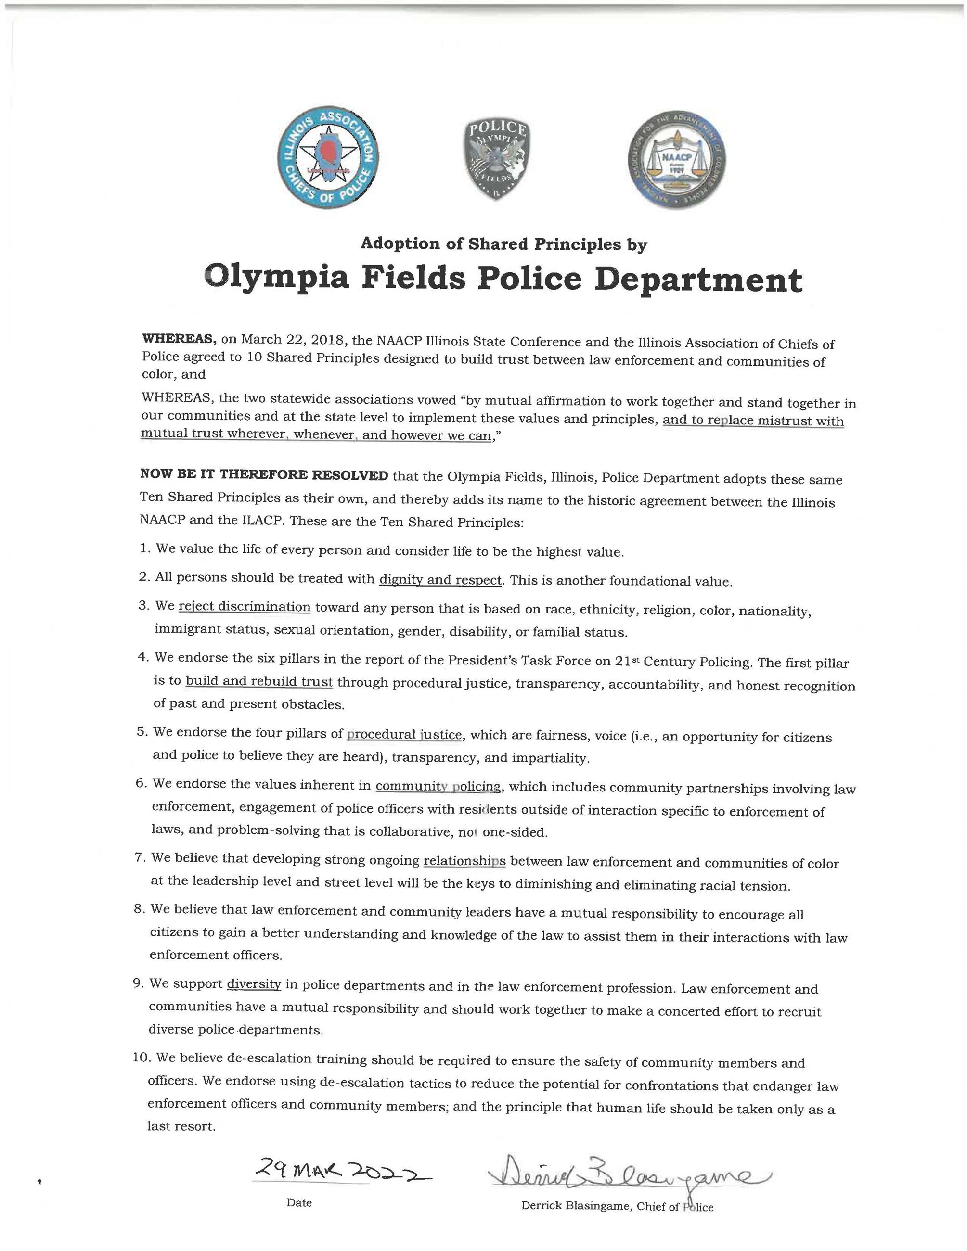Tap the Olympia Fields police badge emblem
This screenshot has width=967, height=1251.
coord(497,159)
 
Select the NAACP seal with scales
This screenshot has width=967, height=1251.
coord(677,160)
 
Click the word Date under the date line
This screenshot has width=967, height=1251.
coord(299,1203)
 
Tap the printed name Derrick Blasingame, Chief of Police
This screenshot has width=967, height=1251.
coord(617,1207)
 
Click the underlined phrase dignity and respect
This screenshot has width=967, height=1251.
coord(440,580)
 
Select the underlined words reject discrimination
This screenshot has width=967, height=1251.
coord(245,606)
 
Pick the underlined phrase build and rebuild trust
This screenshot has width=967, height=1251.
coord(259,681)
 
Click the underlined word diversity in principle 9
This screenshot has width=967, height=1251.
coord(254,984)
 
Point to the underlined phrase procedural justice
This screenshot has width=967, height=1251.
coord(404,734)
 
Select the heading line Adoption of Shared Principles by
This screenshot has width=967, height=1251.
coord(503,244)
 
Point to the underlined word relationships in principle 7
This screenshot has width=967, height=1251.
coord(464,861)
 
